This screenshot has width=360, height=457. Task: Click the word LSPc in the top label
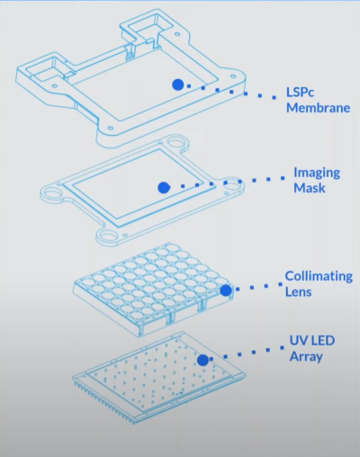tap(300, 92)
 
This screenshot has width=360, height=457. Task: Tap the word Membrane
tap(319, 108)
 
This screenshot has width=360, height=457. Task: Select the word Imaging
tap(317, 174)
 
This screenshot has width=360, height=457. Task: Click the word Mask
tap(310, 188)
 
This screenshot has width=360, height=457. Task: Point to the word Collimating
tap(319, 277)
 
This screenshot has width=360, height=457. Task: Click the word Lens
tap(298, 291)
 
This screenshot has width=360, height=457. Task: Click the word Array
tap(306, 357)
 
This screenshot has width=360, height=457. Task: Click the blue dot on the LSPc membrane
tap(178, 85)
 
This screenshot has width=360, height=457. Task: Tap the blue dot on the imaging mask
tap(164, 188)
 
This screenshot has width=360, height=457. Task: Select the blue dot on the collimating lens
tap(226, 291)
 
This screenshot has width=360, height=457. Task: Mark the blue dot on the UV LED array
tap(203, 360)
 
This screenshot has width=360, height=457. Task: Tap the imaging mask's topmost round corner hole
tap(175, 140)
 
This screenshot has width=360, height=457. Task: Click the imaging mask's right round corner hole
tap(231, 184)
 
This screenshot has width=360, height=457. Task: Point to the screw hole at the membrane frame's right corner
tap(232, 76)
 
